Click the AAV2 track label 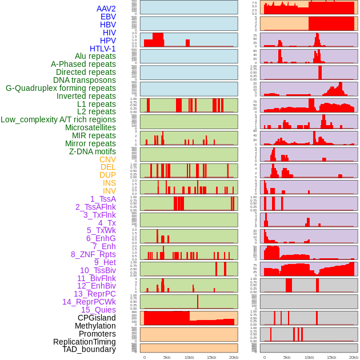click(106, 9)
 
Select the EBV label click(108, 17)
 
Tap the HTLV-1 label click(103, 49)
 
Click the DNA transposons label click(85, 80)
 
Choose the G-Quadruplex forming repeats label click(61, 88)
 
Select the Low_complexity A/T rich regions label click(58, 119)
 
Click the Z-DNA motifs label click(93, 151)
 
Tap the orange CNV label click(107, 159)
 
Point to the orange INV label click(109, 191)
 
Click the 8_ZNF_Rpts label click(93, 254)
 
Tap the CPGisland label click(97, 318)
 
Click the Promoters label click(97, 334)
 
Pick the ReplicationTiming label click(85, 342)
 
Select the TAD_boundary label click(89, 349)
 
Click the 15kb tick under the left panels click(211, 357)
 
